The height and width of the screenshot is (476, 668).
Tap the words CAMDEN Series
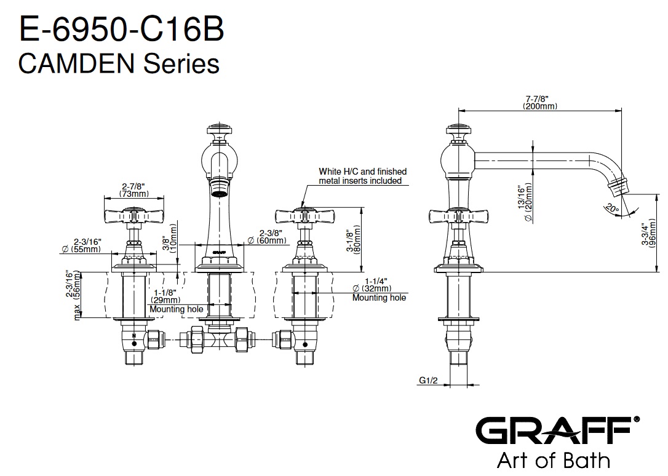[x=119, y=63]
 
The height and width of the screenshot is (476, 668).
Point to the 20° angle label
[x=611, y=208]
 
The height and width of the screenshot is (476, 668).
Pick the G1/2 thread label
[x=427, y=381]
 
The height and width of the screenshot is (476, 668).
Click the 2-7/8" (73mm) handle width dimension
[x=134, y=189]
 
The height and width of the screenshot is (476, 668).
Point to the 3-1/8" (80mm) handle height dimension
[x=352, y=241]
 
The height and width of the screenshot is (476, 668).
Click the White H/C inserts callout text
[x=362, y=176]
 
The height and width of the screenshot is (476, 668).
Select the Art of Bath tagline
[x=553, y=460]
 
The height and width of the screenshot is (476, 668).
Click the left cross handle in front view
[x=134, y=216]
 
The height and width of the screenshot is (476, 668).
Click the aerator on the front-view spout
[x=218, y=186]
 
